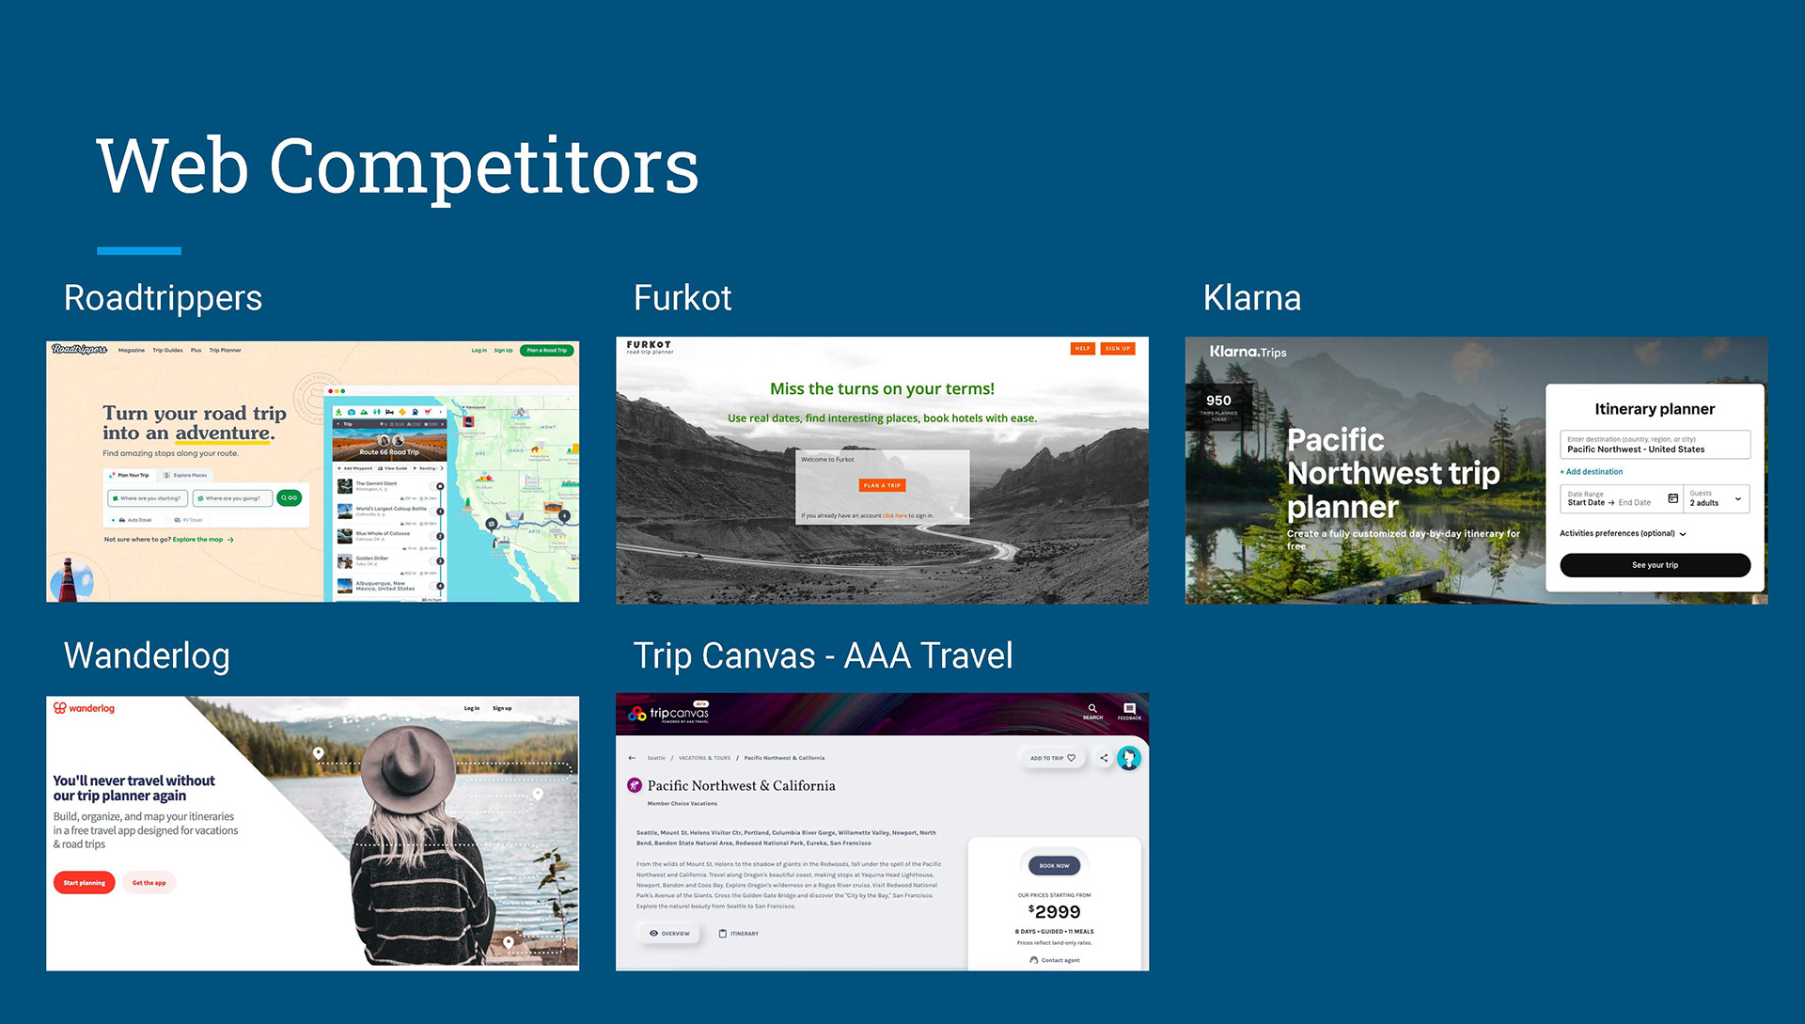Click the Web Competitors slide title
pos(398,166)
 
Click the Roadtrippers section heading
pos(163,298)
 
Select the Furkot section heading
pos(683,298)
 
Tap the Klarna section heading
pos(1252,298)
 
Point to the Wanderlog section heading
pos(147,655)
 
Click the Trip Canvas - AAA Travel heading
pos(823,655)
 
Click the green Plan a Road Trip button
pos(546,351)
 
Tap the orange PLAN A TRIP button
pos(882,485)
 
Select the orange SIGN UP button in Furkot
pos(1118,349)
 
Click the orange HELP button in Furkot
pos(1083,349)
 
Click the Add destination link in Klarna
pos(1593,472)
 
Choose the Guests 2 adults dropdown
pos(1716,498)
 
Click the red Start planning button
pos(85,883)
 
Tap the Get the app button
pos(149,883)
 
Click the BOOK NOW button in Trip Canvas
pos(1054,866)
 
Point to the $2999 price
pos(1055,912)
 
